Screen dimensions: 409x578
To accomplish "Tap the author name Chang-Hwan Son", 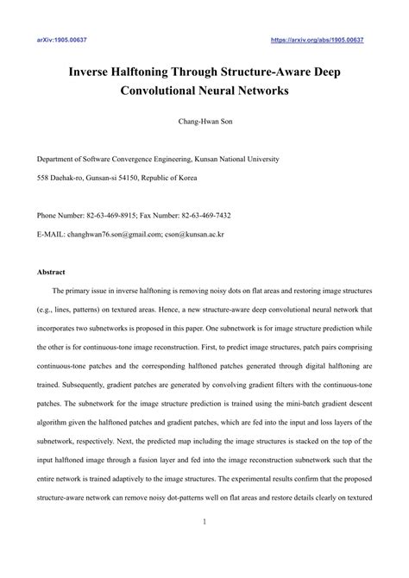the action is click(x=204, y=123).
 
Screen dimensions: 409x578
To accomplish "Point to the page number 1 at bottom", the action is click(x=204, y=546).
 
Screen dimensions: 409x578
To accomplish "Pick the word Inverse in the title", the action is click(x=92, y=71).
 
